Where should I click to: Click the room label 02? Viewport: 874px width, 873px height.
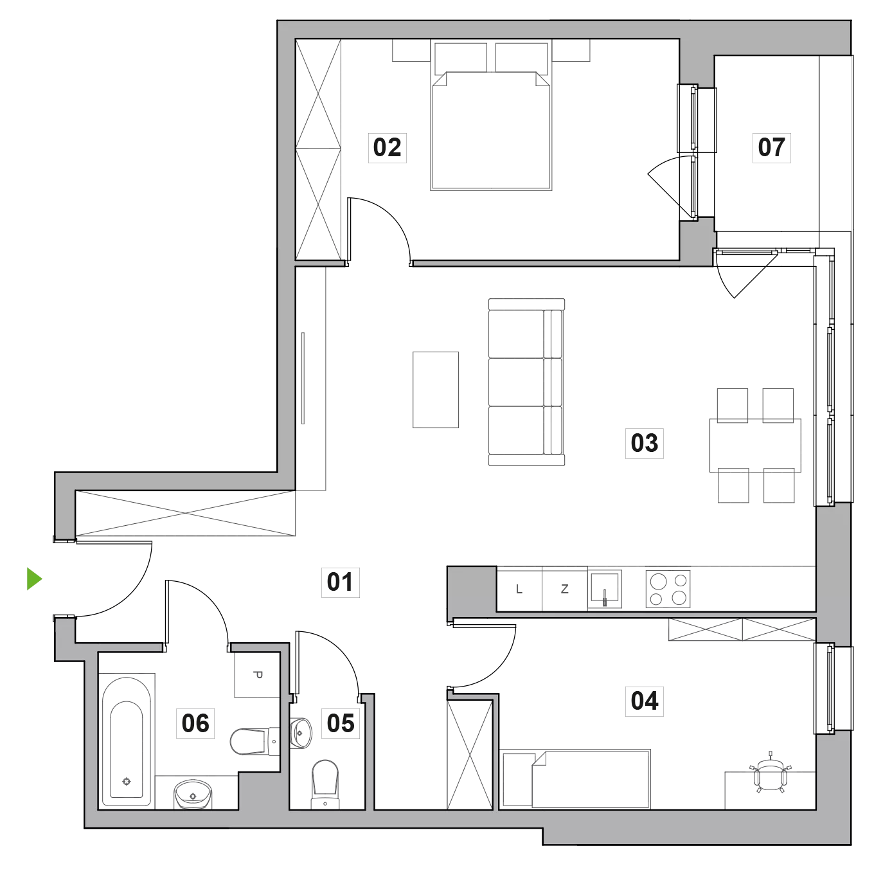(387, 147)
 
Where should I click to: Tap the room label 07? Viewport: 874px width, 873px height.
(771, 147)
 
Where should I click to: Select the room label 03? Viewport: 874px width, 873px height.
(644, 443)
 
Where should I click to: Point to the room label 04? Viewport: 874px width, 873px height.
(644, 701)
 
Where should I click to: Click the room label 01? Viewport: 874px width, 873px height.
(340, 582)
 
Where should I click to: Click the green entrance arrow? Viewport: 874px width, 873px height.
(35, 579)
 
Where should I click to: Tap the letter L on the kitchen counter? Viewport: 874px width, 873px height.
(519, 589)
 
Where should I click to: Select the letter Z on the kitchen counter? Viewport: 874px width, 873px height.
(564, 589)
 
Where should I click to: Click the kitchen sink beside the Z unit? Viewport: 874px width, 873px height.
(605, 589)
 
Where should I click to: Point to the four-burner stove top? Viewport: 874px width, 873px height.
(668, 589)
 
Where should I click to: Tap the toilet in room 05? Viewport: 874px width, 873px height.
(325, 784)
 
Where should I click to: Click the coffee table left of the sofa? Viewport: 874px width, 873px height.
(436, 390)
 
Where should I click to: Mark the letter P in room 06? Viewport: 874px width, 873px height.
(258, 675)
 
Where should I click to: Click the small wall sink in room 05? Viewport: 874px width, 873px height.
(300, 733)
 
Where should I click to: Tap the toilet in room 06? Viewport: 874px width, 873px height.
(254, 741)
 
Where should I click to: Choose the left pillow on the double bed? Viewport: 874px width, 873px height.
(460, 58)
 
